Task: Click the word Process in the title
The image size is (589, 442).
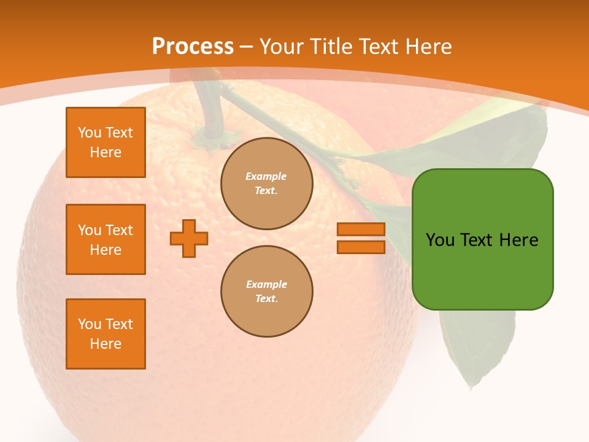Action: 193,47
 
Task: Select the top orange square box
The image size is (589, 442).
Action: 106,142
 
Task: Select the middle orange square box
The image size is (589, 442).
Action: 106,239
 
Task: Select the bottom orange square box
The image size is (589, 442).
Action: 106,334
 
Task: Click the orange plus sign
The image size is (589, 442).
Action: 189,238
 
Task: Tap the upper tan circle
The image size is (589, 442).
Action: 267,184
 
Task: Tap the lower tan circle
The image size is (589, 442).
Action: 267,292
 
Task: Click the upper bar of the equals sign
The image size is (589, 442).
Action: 361,230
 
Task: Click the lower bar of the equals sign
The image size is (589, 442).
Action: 361,247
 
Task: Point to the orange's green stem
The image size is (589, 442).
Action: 210,110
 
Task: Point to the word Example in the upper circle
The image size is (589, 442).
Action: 266,176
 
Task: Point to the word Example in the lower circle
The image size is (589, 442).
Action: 266,284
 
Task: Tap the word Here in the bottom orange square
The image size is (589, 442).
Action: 106,344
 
